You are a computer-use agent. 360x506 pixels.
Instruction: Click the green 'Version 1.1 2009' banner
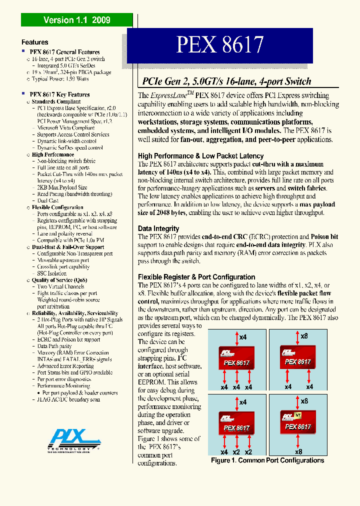click(x=76, y=20)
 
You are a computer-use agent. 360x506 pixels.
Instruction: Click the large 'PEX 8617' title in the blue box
click(x=219, y=45)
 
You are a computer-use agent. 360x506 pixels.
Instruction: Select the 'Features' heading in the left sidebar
click(x=35, y=42)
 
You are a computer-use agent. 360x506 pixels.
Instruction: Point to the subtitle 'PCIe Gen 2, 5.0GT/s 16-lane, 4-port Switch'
click(x=226, y=81)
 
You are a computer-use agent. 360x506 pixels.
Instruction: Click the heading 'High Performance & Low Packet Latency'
click(x=200, y=156)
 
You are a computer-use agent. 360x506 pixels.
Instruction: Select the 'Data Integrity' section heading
click(x=158, y=228)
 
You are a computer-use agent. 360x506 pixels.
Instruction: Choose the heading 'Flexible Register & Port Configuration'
click(x=196, y=277)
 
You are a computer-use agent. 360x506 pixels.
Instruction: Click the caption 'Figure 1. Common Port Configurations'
click(x=267, y=460)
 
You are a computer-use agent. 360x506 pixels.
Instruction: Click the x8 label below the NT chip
click(x=298, y=451)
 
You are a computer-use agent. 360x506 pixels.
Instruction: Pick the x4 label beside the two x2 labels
click(x=224, y=451)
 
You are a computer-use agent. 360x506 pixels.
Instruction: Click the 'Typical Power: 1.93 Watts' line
click(x=60, y=79)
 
